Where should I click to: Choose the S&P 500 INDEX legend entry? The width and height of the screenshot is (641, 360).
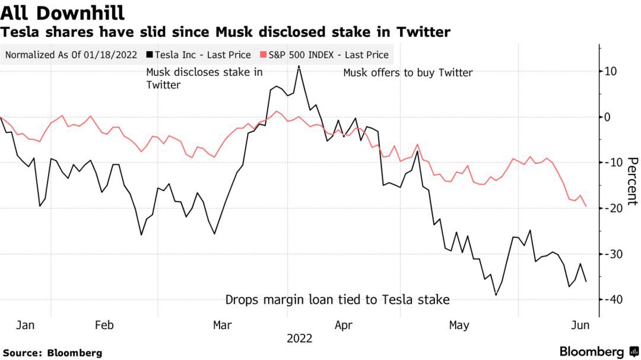click(326, 55)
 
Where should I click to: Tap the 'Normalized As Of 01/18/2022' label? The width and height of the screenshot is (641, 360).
click(71, 55)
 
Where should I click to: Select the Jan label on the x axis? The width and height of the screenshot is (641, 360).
click(26, 325)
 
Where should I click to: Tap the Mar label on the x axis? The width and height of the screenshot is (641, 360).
click(222, 325)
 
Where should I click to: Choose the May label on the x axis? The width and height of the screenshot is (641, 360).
click(459, 325)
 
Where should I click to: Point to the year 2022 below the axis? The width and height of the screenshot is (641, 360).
click(299, 339)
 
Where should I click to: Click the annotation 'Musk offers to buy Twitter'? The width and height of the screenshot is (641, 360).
click(408, 73)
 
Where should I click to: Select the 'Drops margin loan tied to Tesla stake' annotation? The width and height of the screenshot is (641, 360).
click(337, 300)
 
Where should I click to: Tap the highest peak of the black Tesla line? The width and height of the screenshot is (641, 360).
click(299, 66)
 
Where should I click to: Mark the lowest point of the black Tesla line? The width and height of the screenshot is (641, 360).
click(496, 295)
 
